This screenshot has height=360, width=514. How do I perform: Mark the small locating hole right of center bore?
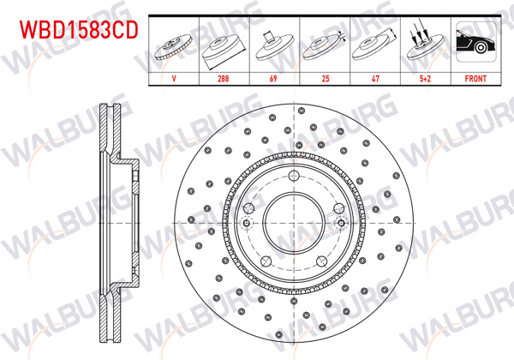pyautogui.click(x=340, y=224)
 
